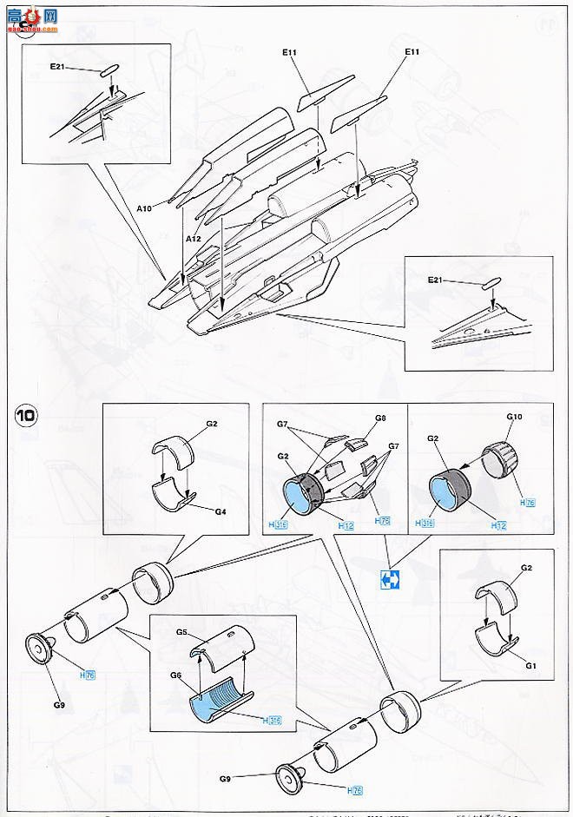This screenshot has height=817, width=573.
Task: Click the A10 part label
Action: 144,208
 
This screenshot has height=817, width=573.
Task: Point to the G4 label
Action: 221,512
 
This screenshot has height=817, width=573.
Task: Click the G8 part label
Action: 380,418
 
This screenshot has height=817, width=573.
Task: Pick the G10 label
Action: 514,418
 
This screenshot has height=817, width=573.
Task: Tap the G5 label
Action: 181,633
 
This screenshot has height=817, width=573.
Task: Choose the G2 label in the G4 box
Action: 211,425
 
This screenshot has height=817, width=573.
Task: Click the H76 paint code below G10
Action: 527,503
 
